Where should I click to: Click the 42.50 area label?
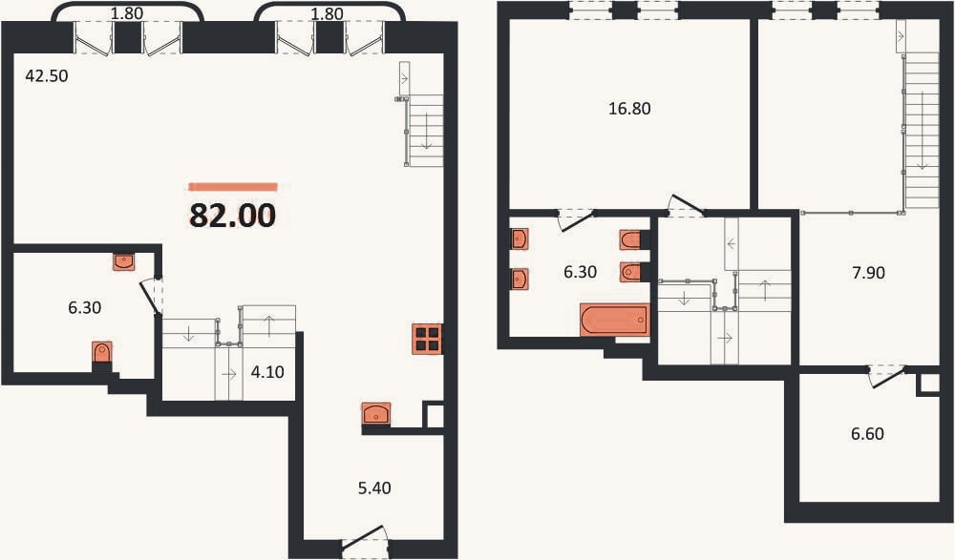(47, 76)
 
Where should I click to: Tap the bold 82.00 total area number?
(233, 215)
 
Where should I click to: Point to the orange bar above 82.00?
(233, 187)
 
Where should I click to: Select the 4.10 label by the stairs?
(267, 371)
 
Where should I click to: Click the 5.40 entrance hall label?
(374, 487)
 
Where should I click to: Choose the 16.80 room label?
(629, 109)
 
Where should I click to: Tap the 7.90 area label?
(868, 272)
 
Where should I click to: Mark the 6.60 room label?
(867, 433)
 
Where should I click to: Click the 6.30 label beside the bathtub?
(580, 272)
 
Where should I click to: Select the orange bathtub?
(614, 320)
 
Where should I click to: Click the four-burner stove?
(428, 339)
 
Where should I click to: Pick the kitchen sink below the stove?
(375, 413)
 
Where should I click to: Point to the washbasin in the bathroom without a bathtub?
(123, 261)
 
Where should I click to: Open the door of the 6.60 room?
(888, 376)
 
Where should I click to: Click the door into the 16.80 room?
(687, 206)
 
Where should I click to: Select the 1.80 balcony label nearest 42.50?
(127, 13)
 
